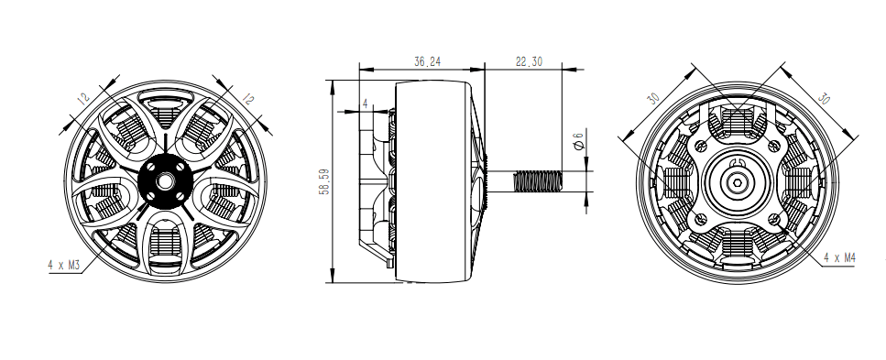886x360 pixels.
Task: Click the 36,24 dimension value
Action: (426, 62)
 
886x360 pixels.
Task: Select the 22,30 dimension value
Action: (529, 62)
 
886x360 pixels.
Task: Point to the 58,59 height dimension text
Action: (323, 181)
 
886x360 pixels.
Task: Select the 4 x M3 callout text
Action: (65, 264)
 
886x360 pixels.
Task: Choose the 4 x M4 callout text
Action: (839, 258)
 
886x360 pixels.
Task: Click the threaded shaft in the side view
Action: (540, 181)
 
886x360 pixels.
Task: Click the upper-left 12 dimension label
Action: (82, 99)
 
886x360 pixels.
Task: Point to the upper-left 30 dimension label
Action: (653, 99)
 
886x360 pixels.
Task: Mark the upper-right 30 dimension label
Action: (822, 99)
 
